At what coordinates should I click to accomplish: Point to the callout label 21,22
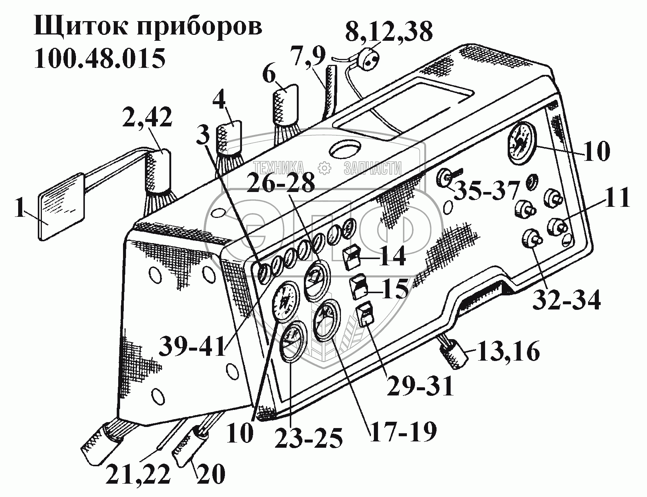[x=138, y=475]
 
